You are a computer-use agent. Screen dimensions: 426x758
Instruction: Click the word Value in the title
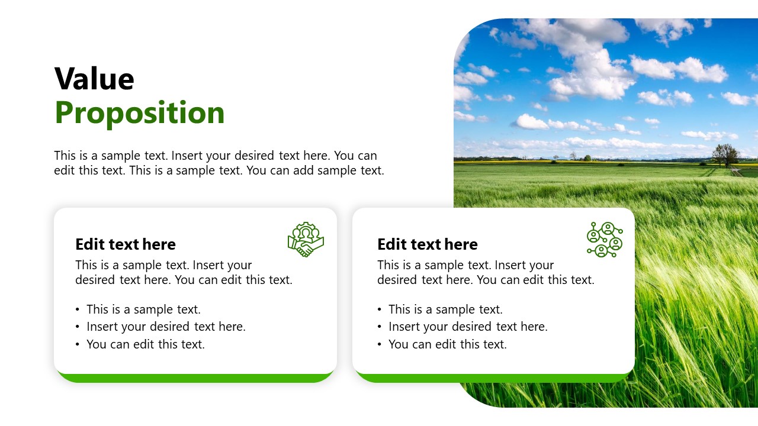pyautogui.click(x=94, y=79)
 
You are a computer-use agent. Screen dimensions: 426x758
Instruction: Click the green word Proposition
pyautogui.click(x=140, y=112)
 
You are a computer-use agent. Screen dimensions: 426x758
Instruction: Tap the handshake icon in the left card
pyautogui.click(x=306, y=240)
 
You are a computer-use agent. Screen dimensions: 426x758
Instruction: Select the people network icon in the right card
pyautogui.click(x=604, y=240)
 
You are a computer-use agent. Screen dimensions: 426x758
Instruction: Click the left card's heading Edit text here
pyautogui.click(x=126, y=244)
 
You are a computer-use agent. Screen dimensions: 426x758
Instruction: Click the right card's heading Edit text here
pyautogui.click(x=428, y=244)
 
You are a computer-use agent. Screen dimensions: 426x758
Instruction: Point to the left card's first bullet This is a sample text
pyautogui.click(x=143, y=309)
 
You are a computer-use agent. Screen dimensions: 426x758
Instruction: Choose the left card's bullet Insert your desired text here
pyautogui.click(x=166, y=327)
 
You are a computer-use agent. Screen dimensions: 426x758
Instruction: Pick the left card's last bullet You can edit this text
pyautogui.click(x=146, y=344)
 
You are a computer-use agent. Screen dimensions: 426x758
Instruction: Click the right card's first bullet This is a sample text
pyautogui.click(x=445, y=309)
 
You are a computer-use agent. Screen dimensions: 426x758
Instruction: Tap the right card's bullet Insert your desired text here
pyautogui.click(x=468, y=327)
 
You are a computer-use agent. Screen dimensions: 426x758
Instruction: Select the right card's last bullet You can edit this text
pyautogui.click(x=448, y=344)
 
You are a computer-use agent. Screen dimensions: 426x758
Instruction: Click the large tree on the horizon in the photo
pyautogui.click(x=725, y=154)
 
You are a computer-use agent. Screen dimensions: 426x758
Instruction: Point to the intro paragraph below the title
pyautogui.click(x=219, y=163)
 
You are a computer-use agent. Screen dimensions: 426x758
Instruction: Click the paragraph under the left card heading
pyautogui.click(x=184, y=272)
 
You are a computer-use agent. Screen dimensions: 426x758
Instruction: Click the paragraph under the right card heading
pyautogui.click(x=486, y=272)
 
